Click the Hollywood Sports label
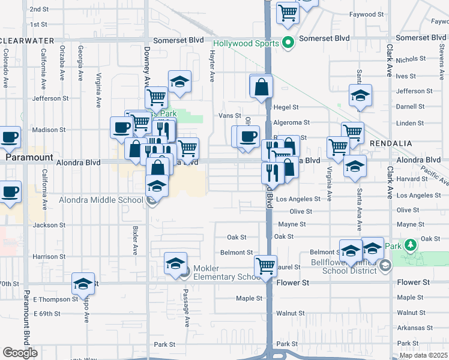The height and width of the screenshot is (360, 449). tap(247, 44)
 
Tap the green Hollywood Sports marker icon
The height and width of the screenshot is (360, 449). tap(288, 43)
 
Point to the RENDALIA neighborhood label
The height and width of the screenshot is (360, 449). tap(390, 144)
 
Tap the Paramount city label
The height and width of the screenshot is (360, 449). tap(27, 157)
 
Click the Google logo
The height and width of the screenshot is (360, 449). tap(20, 353)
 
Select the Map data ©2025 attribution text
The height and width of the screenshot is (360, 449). tap(423, 355)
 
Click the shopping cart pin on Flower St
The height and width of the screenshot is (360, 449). tap(265, 265)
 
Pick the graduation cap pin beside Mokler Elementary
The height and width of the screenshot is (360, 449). tap(176, 264)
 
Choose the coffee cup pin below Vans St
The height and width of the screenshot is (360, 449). tap(247, 136)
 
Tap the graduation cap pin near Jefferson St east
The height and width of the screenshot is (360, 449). tap(360, 95)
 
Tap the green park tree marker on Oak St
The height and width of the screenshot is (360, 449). tap(410, 245)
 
